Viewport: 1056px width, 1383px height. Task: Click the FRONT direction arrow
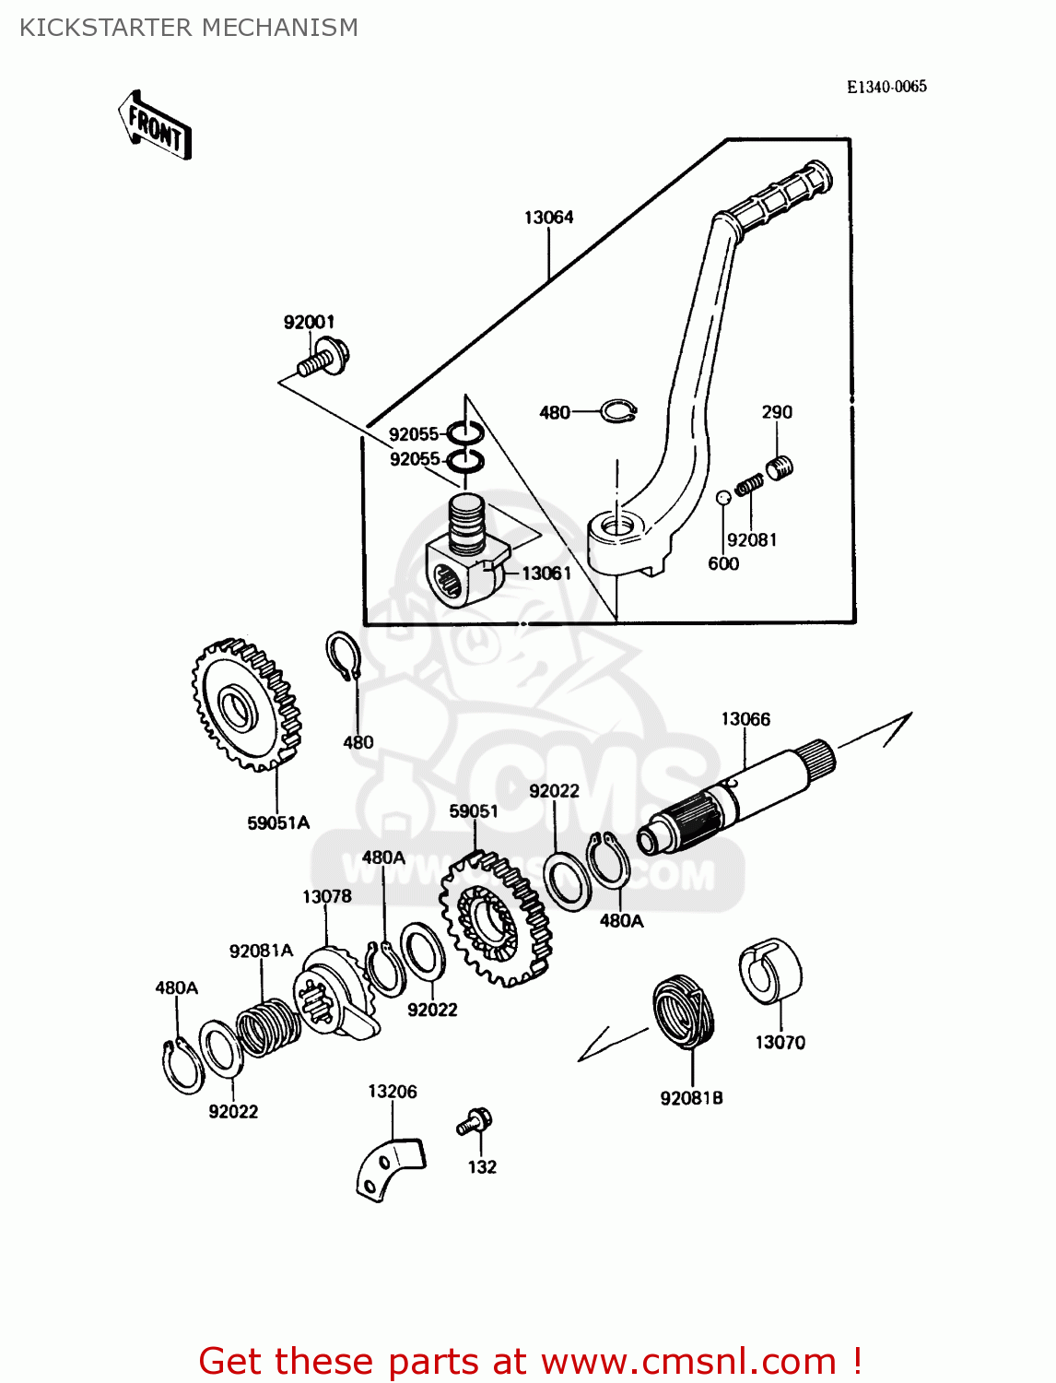pos(155,126)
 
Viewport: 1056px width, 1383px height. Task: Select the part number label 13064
pos(548,218)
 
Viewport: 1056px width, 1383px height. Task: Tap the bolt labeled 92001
pos(323,359)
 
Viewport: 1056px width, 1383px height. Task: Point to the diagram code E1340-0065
pos(886,87)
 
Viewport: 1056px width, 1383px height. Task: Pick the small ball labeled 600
pos(723,498)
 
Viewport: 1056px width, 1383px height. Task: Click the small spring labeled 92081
pos(749,483)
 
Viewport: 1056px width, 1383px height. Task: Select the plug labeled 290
pos(780,467)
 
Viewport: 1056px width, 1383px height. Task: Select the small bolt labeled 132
pos(475,1122)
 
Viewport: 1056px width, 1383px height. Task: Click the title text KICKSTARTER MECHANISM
pos(189,28)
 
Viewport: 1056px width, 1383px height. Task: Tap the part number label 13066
pos(745,719)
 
